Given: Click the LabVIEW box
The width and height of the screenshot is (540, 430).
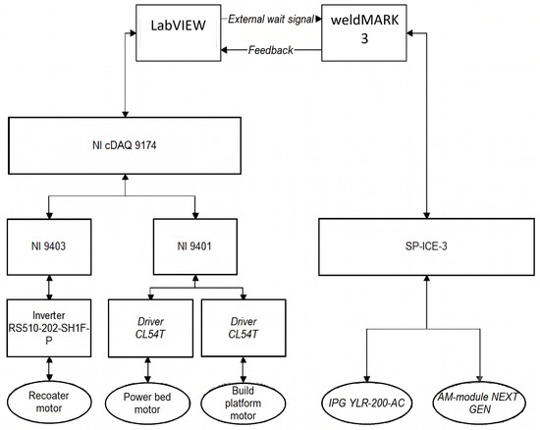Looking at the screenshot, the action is pos(179,33).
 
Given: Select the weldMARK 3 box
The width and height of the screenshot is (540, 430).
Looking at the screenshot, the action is pos(364,33).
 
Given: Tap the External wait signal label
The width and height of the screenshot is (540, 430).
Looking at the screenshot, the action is pos(271,19).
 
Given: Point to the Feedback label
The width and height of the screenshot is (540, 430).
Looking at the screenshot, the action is pos(271,50).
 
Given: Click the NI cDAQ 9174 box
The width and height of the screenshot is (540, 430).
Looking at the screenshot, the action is pos(125,145).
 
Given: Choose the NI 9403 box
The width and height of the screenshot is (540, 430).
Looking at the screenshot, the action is pos(49,246).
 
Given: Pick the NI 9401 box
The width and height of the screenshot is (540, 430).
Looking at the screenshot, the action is pos(195,246).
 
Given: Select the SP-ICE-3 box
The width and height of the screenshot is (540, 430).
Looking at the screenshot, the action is pos(426,246).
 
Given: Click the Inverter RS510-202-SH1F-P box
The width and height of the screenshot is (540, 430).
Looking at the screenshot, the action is pos(49,328).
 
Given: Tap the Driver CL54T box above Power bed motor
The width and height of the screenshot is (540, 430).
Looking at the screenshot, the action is pos(150,328).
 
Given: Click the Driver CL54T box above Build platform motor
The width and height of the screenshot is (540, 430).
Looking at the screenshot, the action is pos(243,328).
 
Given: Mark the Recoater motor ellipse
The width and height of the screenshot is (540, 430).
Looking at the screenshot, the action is pos(49,403).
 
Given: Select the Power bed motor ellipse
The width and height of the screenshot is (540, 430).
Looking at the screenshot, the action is pos(147,403).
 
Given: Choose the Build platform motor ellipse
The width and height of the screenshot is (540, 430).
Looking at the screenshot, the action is pos(243,403).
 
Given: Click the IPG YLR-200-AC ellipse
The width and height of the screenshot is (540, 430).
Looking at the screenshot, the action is pos(366,403).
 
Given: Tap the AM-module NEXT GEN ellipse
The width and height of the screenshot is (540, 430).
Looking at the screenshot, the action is pos(479,403).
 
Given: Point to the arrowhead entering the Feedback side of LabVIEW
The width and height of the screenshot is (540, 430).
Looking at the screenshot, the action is pos(224,50).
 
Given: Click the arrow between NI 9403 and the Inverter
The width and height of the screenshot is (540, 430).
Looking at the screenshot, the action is pos(49,287).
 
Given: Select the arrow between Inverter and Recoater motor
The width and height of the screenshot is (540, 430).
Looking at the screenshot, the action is pos(49,369).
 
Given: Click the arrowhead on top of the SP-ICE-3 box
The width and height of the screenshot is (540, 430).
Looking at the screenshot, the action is pos(427,215).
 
